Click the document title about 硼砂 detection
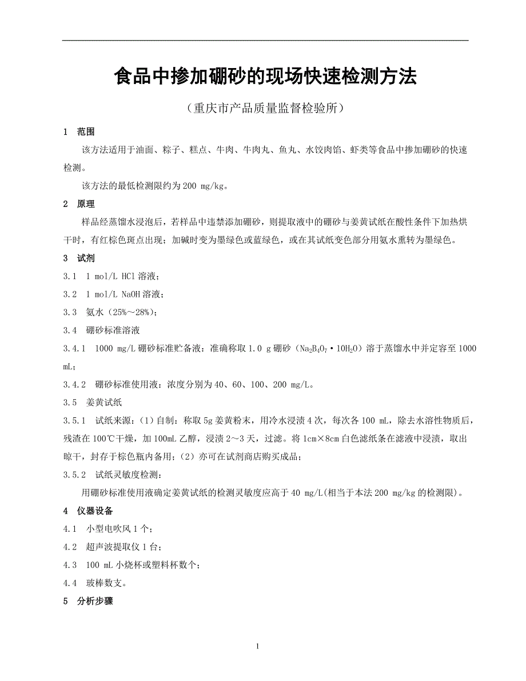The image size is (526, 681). point(265,77)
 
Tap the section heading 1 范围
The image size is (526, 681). point(79,132)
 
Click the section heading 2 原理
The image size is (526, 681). point(79,204)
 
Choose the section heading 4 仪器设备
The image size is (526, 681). point(88,511)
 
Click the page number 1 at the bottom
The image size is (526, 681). point(258,647)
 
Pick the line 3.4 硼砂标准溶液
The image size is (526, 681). point(102,330)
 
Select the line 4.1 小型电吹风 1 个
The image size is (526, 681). point(108,529)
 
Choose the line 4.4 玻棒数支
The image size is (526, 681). point(95,583)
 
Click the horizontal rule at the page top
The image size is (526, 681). point(265,40)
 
